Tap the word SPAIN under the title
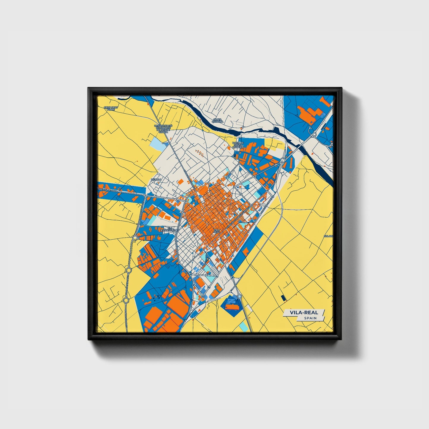pos(310,318)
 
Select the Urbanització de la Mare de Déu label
pos(163,129)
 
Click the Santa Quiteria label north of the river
pos(217,120)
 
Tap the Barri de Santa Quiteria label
pos(238,145)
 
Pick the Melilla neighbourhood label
pos(156,179)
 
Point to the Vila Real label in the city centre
pos(216,230)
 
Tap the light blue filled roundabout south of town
pos(240,297)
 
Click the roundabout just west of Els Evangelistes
pos(135,238)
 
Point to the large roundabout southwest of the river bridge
pos(283,160)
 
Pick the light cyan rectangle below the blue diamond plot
pos(243,327)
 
